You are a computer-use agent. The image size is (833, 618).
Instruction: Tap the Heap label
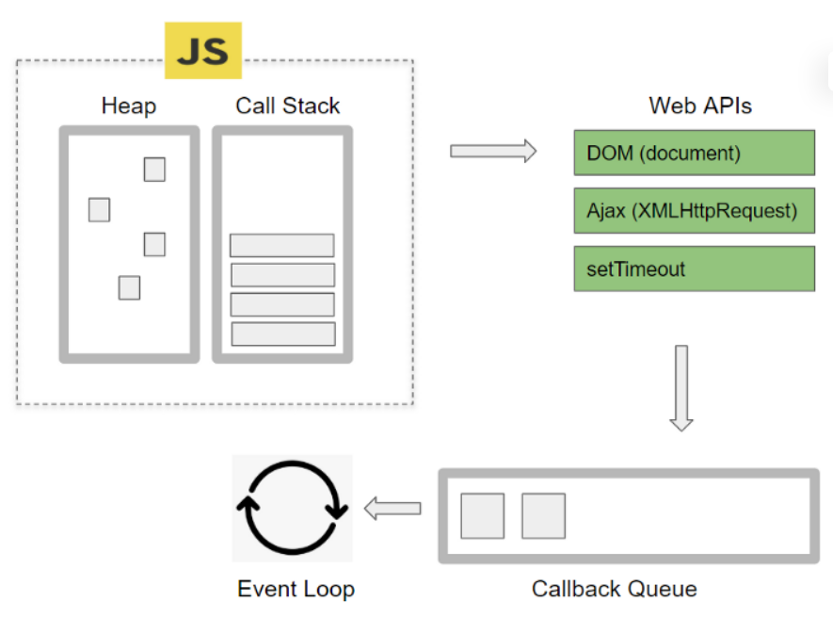128,106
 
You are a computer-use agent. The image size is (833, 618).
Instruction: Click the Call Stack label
287,106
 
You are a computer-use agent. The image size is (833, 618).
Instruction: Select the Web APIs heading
700,106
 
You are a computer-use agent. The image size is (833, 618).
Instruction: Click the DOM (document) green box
694,153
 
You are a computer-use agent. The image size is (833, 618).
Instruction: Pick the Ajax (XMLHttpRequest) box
694,211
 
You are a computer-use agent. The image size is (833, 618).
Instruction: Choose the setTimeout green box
694,269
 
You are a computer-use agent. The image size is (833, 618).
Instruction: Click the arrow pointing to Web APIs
492,151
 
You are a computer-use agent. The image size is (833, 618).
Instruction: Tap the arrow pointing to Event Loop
392,509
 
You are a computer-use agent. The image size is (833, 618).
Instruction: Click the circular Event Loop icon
292,509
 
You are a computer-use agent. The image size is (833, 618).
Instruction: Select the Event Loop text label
296,590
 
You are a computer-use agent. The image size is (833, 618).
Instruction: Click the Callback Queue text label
615,590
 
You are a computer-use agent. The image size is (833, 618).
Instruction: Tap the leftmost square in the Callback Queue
482,516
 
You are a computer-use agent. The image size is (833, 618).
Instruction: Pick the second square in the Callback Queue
543,516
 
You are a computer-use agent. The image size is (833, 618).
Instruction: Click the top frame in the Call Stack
281,245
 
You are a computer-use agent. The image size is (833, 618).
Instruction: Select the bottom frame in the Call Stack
283,333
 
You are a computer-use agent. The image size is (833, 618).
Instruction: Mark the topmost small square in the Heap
154,170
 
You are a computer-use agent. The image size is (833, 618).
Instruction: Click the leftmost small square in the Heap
99,209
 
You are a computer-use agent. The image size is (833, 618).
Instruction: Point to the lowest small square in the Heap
129,287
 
